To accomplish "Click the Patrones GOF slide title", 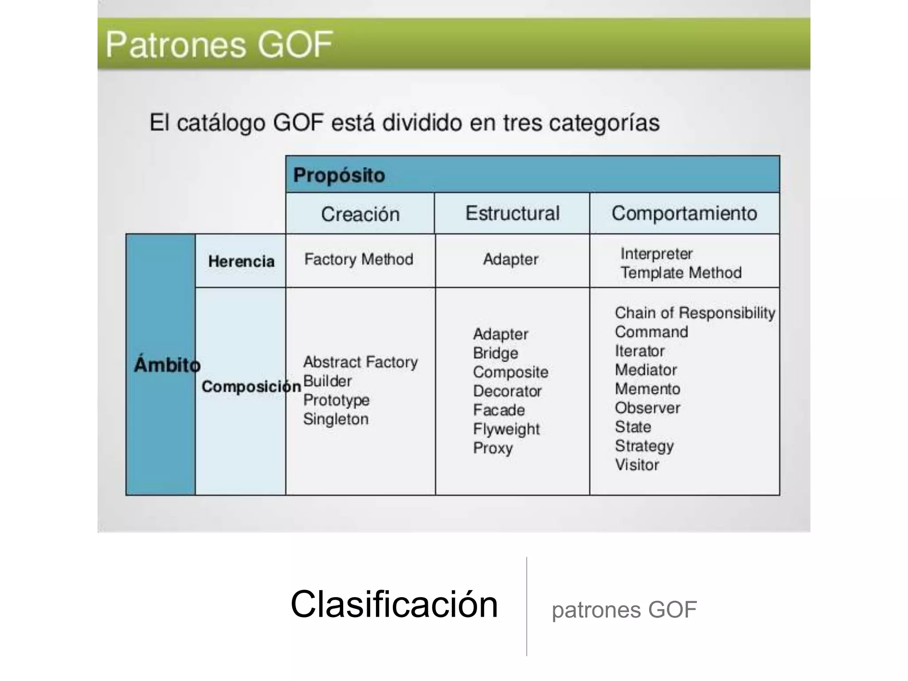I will point(219,45).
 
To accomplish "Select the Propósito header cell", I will point(339,175).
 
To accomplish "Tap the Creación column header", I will point(360,214).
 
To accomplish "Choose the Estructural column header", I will point(512,213).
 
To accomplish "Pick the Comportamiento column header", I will point(684,213).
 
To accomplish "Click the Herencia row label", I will point(241,261).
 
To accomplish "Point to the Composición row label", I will point(251,387).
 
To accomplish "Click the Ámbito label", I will point(167,365).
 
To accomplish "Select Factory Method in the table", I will point(358,259).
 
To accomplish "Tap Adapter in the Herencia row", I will point(510,259).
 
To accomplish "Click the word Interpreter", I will point(656,254).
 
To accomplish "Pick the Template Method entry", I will point(681,273).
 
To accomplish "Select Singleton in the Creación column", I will point(336,419).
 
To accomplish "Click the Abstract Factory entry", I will point(360,362).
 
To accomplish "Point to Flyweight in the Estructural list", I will point(506,429).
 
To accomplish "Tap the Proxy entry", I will point(493,448).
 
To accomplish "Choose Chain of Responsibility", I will point(695,313).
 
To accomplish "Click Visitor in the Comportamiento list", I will point(637,465).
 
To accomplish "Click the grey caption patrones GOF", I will point(624,610).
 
